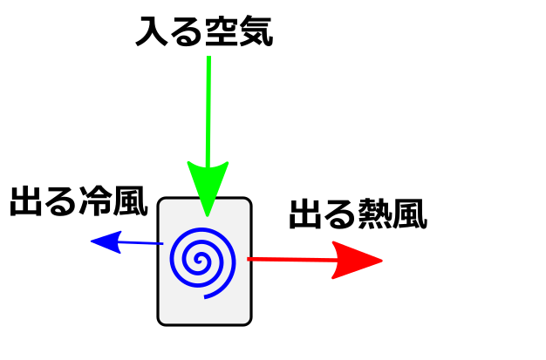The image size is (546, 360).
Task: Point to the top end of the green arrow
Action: [x=208, y=58]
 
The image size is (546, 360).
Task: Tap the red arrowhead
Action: [x=353, y=260]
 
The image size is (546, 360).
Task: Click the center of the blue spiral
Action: [x=200, y=260]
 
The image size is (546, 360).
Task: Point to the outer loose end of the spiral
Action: [x=206, y=297]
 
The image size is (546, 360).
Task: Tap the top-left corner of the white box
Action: [x=161, y=201]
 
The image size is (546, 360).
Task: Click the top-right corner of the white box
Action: [x=248, y=201]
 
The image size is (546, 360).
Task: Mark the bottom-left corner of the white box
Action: [x=161, y=321]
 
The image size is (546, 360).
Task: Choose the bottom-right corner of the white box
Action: [x=248, y=321]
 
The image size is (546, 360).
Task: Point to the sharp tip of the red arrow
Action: [x=382, y=260]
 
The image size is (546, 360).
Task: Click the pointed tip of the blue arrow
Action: [x=92, y=241]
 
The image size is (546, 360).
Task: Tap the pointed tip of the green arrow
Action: [x=207, y=214]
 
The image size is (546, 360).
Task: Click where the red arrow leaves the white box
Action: [x=249, y=259]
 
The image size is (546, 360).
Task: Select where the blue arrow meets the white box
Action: [x=160, y=243]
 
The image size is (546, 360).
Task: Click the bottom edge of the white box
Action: [x=204, y=323]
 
